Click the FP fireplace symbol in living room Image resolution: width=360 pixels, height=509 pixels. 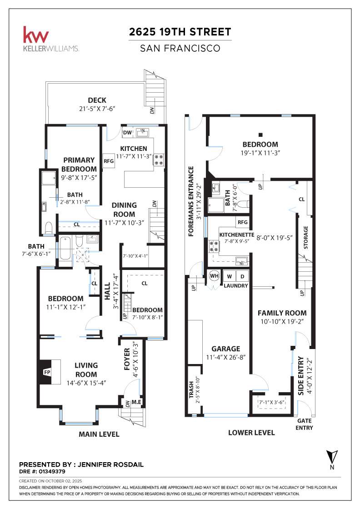coord(46,372)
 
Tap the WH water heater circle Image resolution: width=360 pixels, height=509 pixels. coord(214,276)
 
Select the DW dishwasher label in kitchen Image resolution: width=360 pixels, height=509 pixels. coord(127,132)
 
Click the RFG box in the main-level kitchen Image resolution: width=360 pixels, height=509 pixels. coord(108,160)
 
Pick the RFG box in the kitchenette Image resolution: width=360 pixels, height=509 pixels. coord(242,222)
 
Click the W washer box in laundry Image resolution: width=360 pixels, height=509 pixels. coord(229,276)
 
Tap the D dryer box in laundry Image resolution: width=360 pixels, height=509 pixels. coord(242,276)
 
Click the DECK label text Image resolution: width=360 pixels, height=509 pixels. coord(97,100)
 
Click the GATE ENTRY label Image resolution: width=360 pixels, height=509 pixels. coord(305,424)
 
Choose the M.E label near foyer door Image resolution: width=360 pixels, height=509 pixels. coord(137,401)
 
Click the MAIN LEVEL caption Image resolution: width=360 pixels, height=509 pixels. coord(99,434)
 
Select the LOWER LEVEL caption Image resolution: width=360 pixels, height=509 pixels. coord(251,433)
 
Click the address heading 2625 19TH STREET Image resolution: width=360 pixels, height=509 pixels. coord(180,32)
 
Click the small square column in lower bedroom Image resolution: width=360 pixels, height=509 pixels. coord(260,135)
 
